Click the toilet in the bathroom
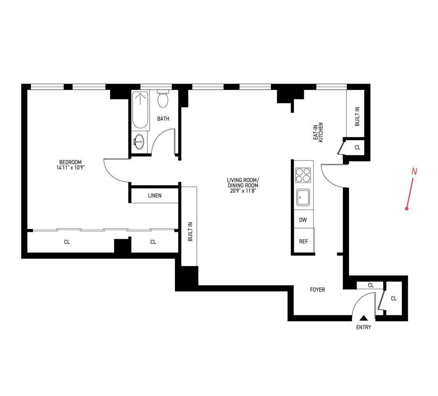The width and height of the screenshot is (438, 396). (163, 100)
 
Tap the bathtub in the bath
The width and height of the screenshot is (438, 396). (141, 110)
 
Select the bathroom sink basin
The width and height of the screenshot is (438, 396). (139, 141)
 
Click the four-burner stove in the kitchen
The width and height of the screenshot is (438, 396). (303, 175)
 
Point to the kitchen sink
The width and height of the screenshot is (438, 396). (303, 197)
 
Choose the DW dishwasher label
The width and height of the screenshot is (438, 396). (303, 220)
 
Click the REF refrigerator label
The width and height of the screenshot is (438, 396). (303, 241)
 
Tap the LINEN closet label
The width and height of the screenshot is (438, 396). (154, 196)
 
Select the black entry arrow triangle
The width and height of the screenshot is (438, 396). (364, 318)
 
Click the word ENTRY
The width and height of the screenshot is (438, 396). (364, 327)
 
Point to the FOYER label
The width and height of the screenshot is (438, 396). (317, 290)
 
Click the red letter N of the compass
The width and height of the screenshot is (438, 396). (414, 171)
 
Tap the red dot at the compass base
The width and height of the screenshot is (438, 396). (407, 208)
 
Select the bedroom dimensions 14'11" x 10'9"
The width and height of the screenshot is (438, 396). (70, 168)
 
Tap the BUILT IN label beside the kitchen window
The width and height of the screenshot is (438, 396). (357, 116)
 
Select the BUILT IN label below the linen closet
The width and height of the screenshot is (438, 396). (190, 232)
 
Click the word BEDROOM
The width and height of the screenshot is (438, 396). (70, 162)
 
